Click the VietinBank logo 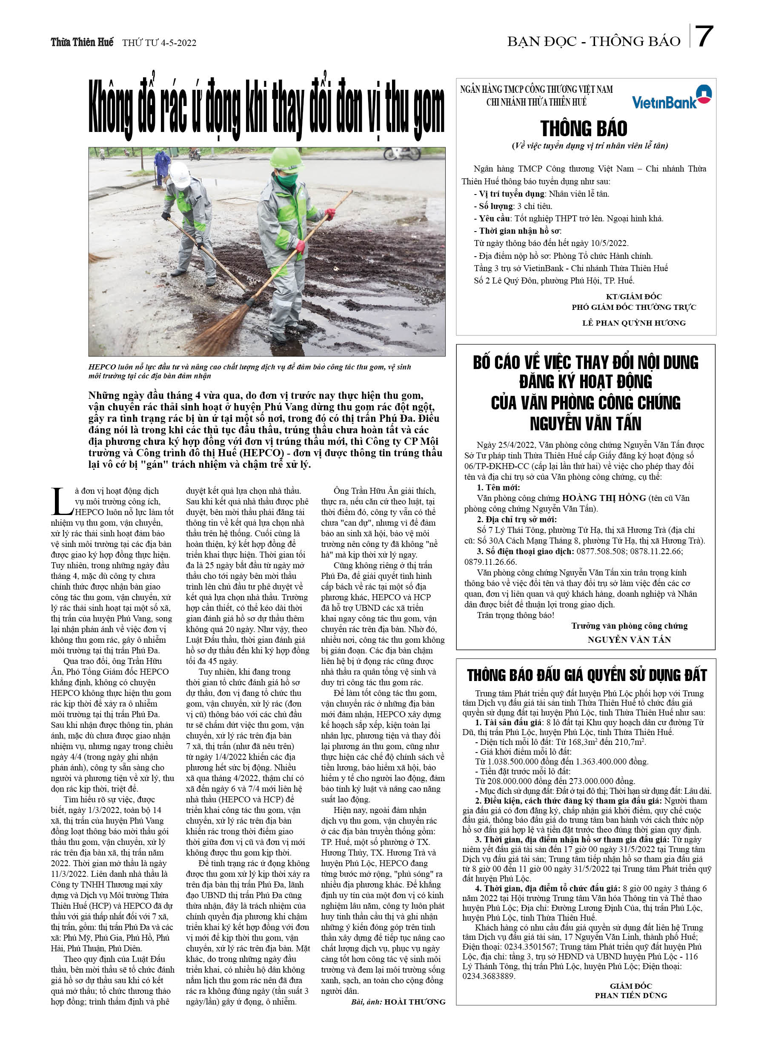point(671,97)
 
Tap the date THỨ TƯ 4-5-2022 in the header point(159,43)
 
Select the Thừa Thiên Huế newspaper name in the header point(82,43)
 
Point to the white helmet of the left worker point(179,174)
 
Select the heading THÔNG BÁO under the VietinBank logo point(584,129)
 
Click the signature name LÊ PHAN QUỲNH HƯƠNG point(634,323)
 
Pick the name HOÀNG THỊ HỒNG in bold point(604,498)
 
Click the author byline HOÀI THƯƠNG point(415,1002)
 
